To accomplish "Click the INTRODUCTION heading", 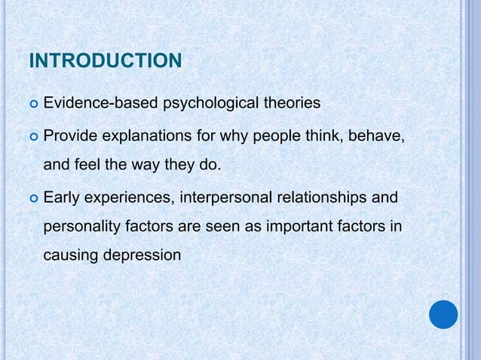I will (x=105, y=60).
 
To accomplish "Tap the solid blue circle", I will (x=443, y=314).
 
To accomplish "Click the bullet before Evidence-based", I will (x=32, y=103).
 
